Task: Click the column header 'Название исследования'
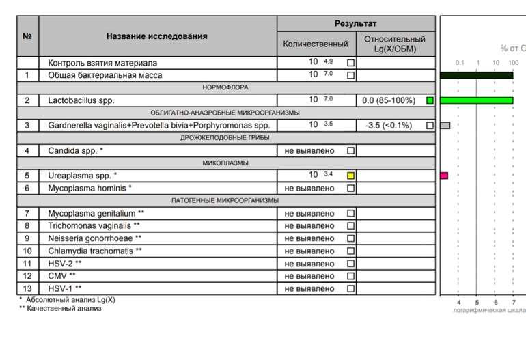(157, 36)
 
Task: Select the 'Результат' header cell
(355, 24)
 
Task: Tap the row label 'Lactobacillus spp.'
(81, 100)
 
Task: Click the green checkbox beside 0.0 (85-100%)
(430, 100)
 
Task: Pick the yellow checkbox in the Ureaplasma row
(350, 176)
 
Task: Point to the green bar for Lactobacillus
(477, 100)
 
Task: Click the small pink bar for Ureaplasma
(444, 176)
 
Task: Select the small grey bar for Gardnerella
(445, 126)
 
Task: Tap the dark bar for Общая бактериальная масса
(477, 75)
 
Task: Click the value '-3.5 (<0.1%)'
(389, 126)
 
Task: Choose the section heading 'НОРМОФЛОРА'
(225, 87)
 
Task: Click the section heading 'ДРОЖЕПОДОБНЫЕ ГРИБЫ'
(225, 138)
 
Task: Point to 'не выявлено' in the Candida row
(309, 150)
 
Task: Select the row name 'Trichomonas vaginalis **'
(94, 226)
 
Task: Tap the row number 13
(27, 289)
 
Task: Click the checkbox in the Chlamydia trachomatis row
(350, 251)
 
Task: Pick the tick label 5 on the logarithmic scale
(477, 302)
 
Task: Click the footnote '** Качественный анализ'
(60, 309)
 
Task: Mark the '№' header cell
(27, 36)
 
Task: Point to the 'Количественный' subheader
(316, 44)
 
